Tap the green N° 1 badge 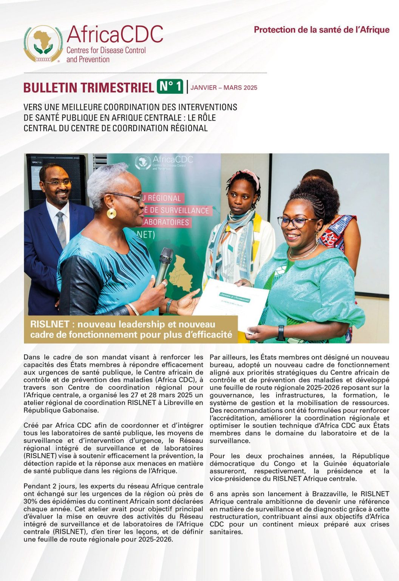point(170,87)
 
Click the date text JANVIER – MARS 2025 point(224,88)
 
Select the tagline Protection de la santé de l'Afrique point(322,30)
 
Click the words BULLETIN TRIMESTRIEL point(88,87)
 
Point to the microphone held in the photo point(164,265)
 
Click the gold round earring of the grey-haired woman point(111,213)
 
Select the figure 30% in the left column point(30,501)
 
